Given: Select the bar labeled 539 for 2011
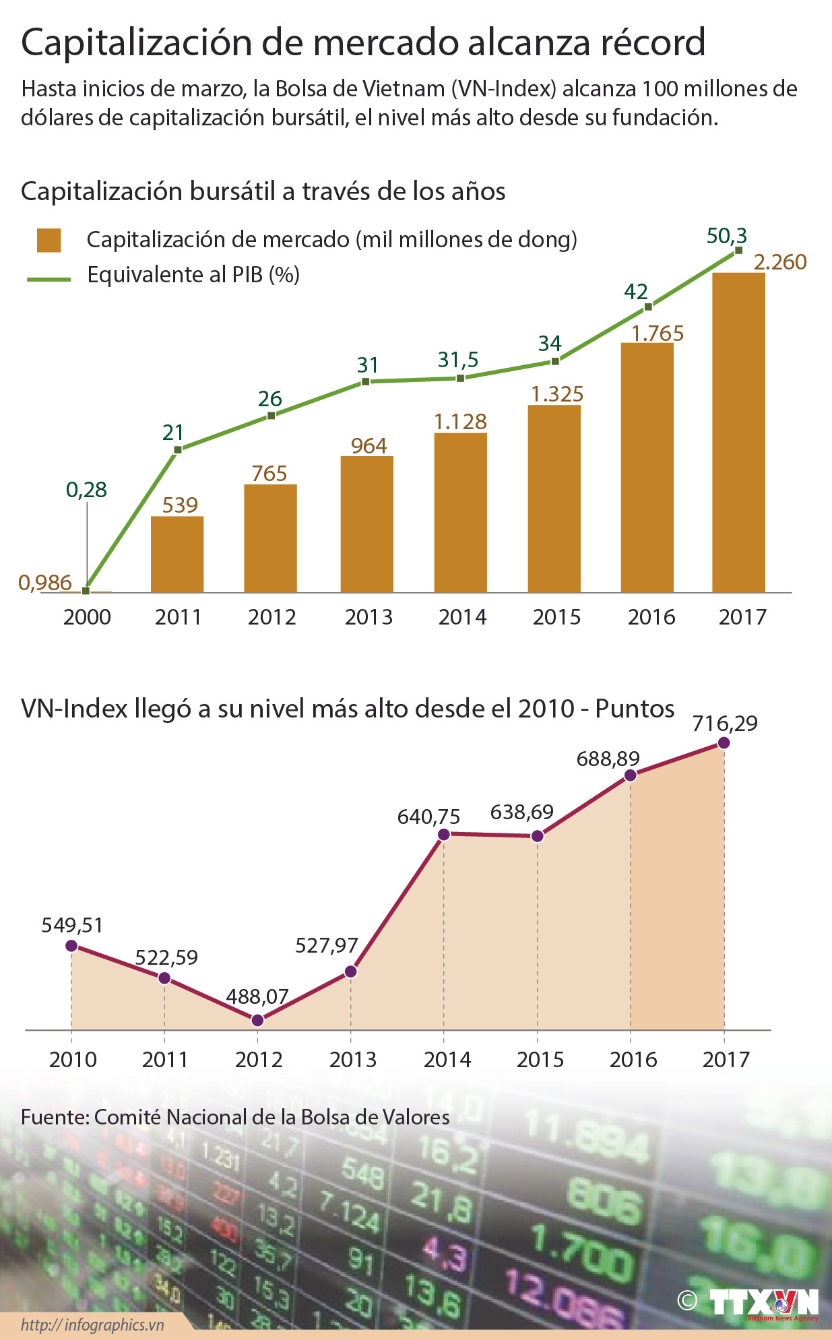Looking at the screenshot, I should coord(177,554).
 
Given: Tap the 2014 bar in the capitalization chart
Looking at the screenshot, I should coord(460,512).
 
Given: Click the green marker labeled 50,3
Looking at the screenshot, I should coord(738,250).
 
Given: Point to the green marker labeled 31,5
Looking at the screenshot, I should coord(460,378).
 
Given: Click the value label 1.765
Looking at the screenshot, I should coord(657,333).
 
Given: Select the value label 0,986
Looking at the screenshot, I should coord(45,582).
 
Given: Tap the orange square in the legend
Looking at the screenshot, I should coord(49,240).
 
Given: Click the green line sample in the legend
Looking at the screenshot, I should coord(49,278).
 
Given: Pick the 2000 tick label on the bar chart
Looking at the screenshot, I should coord(87,616).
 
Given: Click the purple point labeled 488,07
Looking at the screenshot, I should coord(257,1020).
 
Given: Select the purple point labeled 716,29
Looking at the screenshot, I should coord(724,742).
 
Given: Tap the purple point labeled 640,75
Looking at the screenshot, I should coord(444,834).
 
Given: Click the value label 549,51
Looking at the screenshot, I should coord(72,925).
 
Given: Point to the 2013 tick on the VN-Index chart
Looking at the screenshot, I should coord(352,1059).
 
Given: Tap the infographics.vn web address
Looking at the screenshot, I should coord(92,1325).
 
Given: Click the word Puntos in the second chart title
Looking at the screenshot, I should coord(635,708).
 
